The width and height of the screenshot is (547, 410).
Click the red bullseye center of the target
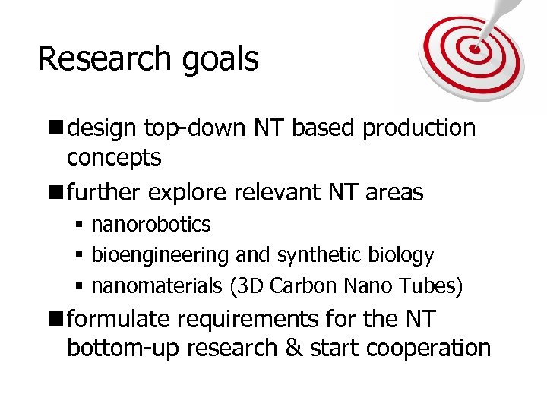475,49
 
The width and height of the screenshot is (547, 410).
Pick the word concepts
114,159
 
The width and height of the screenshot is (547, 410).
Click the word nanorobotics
151,225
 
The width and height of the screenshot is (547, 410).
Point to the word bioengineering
160,256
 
